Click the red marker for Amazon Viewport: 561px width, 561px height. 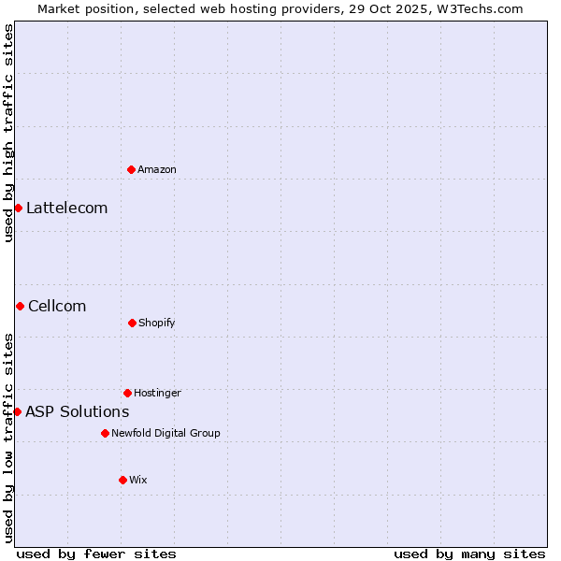[131, 169]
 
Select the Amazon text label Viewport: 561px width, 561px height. [157, 169]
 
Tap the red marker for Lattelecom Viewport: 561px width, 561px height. [18, 208]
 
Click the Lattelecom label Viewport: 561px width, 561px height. [67, 209]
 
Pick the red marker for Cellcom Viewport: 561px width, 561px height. [20, 306]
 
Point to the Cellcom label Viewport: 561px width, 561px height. [57, 307]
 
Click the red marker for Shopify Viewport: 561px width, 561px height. [132, 323]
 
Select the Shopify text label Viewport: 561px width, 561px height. [157, 324]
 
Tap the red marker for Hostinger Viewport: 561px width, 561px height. [127, 393]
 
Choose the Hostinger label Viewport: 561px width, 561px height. [157, 394]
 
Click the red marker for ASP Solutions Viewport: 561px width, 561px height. [17, 411]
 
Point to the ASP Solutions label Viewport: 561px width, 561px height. [78, 412]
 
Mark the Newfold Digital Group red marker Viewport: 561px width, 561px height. [105, 433]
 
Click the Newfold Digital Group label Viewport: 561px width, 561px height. [166, 434]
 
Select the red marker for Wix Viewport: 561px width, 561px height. [122, 480]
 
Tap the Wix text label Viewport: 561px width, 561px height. [138, 481]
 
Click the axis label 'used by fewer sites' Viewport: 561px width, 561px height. [96, 554]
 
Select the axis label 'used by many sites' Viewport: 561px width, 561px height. [469, 554]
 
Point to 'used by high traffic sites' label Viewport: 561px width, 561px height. [9, 133]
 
